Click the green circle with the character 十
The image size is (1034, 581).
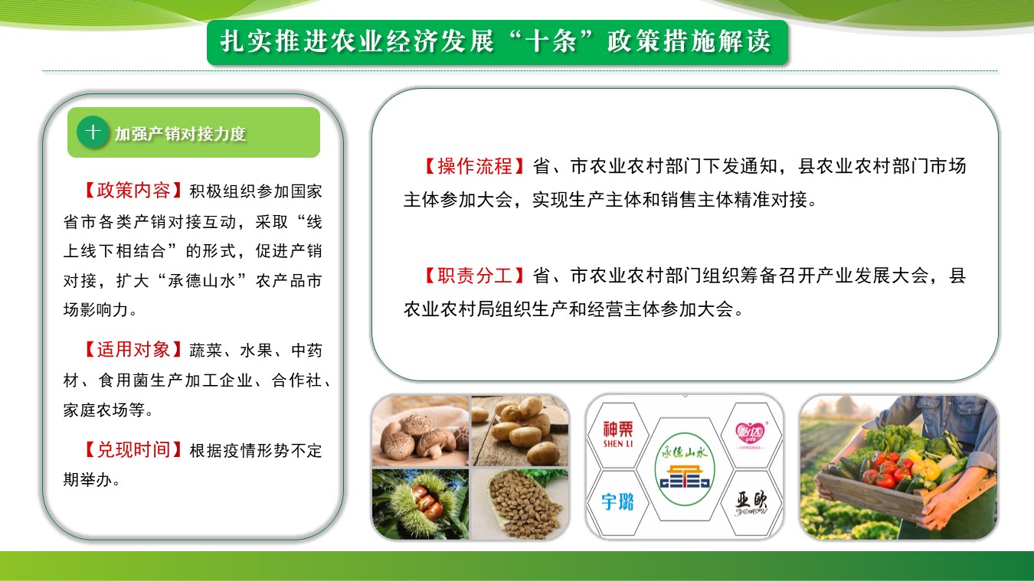click(x=93, y=132)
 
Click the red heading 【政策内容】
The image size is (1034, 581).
click(x=133, y=191)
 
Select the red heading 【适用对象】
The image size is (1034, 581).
click(x=133, y=350)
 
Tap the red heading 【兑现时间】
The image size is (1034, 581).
click(x=133, y=450)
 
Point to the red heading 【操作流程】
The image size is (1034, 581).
click(x=475, y=166)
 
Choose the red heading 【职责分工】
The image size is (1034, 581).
click(x=475, y=276)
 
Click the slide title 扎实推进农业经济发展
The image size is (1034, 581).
click(x=357, y=41)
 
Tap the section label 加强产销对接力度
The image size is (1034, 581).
click(x=180, y=134)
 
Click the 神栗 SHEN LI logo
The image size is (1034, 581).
click(x=618, y=434)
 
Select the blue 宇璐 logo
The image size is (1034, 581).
click(x=617, y=501)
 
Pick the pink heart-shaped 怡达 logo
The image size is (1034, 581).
click(x=750, y=435)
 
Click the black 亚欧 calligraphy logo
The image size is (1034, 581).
click(x=751, y=503)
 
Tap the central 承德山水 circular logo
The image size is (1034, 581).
click(x=685, y=469)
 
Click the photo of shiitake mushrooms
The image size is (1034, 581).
click(x=420, y=430)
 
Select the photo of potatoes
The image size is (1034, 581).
click(x=520, y=430)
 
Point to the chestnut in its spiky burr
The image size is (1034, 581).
click(x=420, y=504)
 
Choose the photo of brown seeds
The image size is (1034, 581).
click(x=520, y=504)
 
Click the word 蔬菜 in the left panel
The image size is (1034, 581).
click(x=206, y=351)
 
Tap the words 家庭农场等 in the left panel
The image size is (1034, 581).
click(x=104, y=410)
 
